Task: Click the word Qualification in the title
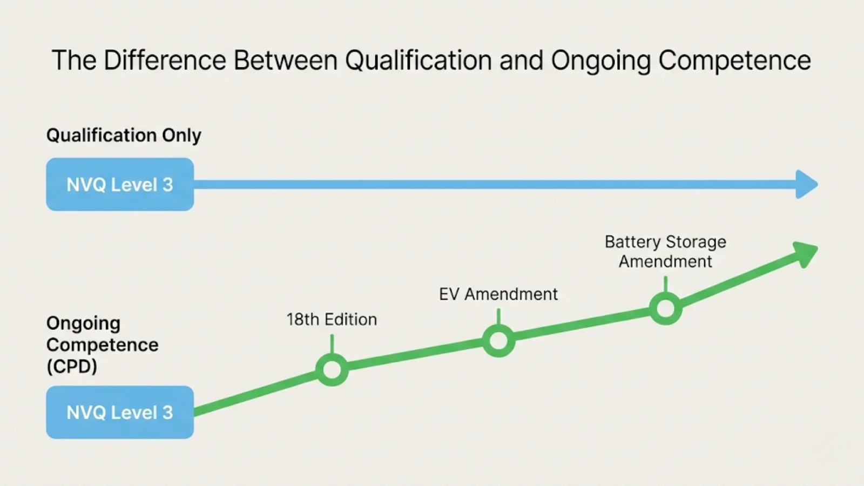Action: [x=418, y=60]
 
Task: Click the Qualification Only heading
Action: [x=124, y=135]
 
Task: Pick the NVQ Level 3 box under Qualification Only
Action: [x=120, y=185]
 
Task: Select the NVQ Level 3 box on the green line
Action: [x=120, y=413]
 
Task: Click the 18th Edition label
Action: [x=332, y=320]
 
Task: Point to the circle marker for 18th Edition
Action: [x=332, y=370]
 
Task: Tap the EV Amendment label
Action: [x=498, y=294]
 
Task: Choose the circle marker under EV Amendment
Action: [x=498, y=341]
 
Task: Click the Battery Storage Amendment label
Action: [x=665, y=252]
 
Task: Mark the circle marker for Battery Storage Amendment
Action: [x=665, y=309]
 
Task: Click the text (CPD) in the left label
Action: [x=72, y=367]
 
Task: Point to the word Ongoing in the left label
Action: [x=83, y=323]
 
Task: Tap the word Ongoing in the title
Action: [x=600, y=60]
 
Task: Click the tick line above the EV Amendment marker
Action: [x=498, y=316]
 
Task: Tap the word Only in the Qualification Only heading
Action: [x=181, y=135]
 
